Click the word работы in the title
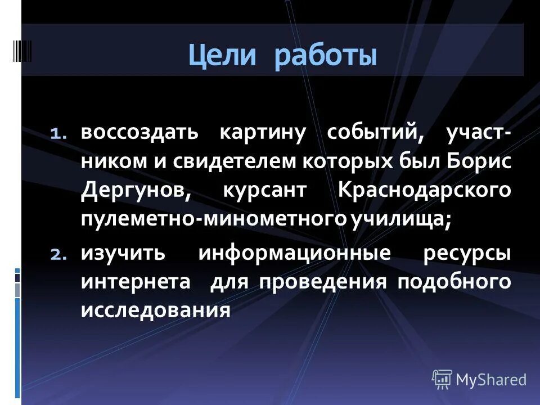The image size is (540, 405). point(326,57)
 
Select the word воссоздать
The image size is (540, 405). point(139,133)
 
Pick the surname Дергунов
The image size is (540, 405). point(136,190)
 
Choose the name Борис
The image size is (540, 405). point(479,161)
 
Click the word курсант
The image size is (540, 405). point(262,190)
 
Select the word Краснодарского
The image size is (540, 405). point(425,190)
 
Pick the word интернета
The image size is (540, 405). point(136,281)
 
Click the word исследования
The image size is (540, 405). point(156,309)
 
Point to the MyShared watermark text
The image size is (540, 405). point(491,380)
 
